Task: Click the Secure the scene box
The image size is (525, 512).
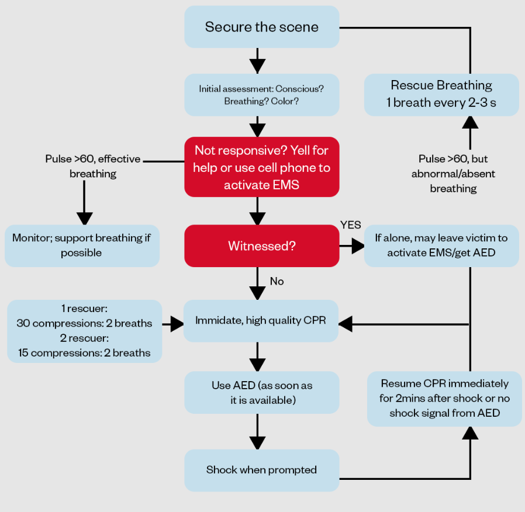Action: pos(261,27)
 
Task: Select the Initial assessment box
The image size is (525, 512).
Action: pos(261,95)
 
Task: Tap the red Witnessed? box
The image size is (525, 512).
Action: pos(261,246)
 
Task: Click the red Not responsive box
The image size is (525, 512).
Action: pos(261,167)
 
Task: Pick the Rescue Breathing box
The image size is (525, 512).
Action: pos(441,95)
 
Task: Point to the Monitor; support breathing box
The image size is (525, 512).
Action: pos(82,245)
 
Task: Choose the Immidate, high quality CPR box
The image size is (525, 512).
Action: pos(261,320)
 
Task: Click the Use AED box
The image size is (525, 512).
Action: pos(261,392)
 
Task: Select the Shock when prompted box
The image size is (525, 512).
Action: pos(261,470)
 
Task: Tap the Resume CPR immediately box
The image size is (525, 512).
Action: pos(444,399)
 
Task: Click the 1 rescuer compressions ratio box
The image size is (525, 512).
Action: pos(84,331)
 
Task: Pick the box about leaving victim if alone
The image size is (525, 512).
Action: pos(441,245)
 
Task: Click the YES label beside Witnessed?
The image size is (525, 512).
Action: pos(351,225)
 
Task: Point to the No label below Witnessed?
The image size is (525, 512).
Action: pos(277,281)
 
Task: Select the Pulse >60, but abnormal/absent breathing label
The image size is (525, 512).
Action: pos(453,174)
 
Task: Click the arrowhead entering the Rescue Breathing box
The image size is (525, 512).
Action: pos(470,122)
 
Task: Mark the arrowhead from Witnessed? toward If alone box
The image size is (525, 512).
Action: pos(357,246)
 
